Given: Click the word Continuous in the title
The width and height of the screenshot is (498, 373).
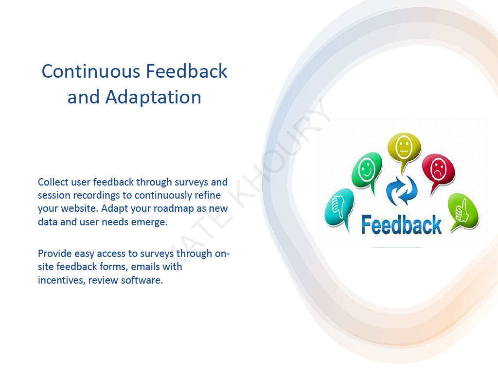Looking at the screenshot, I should tap(88, 71).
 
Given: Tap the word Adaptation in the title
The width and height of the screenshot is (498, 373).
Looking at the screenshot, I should tap(153, 97).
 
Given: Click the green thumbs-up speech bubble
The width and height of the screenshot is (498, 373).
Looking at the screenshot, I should tap(462, 210).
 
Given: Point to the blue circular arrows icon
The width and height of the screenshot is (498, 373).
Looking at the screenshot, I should tap(402, 191).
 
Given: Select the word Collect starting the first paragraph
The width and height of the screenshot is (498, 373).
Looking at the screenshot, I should tap(53, 183).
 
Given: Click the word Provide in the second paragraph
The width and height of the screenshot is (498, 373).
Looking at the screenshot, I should tap(55, 254).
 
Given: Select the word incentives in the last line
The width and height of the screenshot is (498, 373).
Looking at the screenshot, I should tap(60, 281).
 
